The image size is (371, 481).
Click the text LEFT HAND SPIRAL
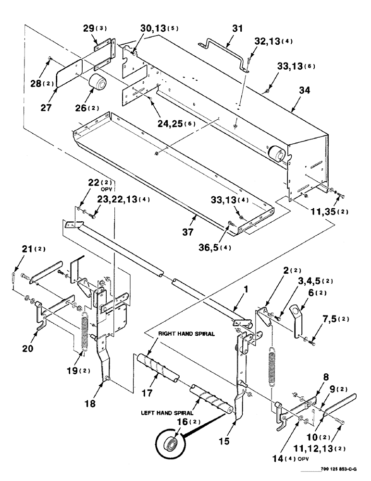[167, 412]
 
